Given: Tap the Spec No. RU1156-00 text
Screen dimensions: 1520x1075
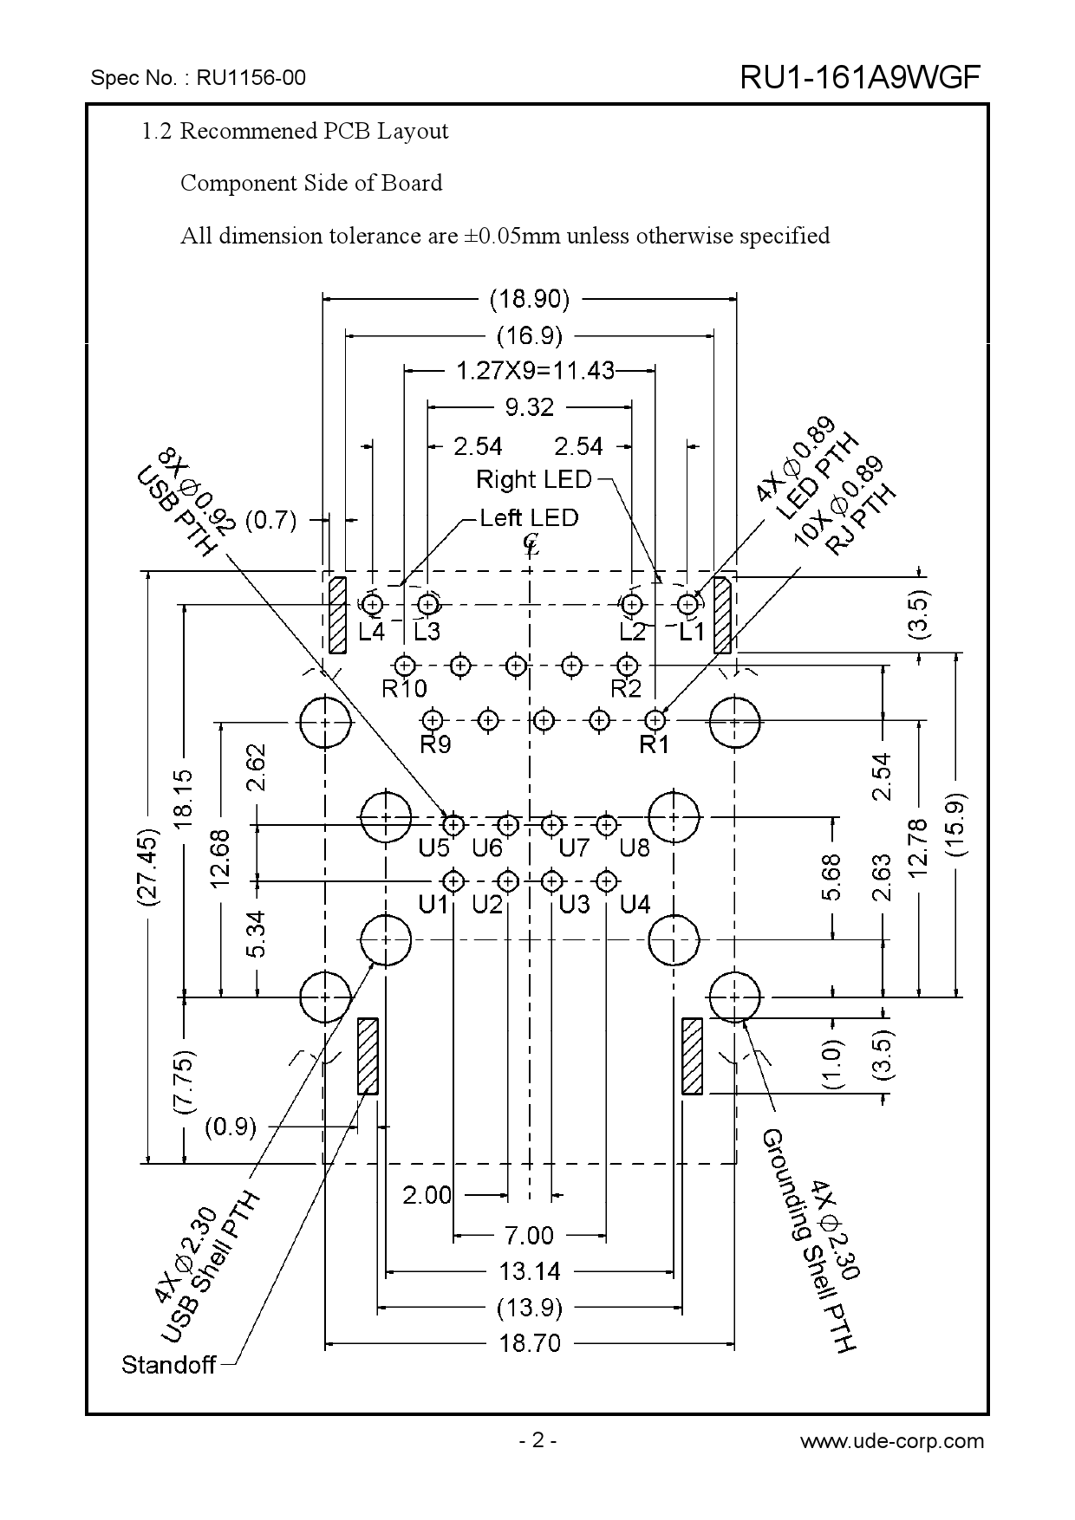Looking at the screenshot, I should [199, 78].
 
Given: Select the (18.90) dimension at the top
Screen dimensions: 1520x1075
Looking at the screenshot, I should [530, 300].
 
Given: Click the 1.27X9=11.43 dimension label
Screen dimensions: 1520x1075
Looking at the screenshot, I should [535, 371].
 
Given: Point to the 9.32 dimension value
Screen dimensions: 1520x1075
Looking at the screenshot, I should [529, 406].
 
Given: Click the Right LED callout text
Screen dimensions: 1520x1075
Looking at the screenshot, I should [534, 479].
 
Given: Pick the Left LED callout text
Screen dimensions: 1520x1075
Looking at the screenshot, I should [529, 518].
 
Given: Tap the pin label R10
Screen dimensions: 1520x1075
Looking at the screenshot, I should [404, 689].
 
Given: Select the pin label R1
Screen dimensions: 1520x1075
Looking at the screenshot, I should [655, 744].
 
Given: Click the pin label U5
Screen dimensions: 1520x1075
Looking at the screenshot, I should [433, 848].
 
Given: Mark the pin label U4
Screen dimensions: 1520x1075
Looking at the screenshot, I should [635, 905].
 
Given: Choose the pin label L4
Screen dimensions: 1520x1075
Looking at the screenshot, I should [371, 632].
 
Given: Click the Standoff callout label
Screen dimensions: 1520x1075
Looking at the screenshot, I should [168, 1366].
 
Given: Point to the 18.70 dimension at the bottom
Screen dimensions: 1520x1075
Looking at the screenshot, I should [530, 1344].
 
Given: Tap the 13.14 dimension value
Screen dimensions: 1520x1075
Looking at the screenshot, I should [530, 1272].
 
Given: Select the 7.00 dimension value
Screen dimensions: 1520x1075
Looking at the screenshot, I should [529, 1235].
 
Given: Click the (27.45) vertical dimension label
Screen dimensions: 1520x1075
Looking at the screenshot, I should [148, 867].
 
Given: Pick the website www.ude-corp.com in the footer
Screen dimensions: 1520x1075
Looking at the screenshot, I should [892, 1441].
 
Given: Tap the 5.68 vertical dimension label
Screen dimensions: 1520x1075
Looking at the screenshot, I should [832, 877].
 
